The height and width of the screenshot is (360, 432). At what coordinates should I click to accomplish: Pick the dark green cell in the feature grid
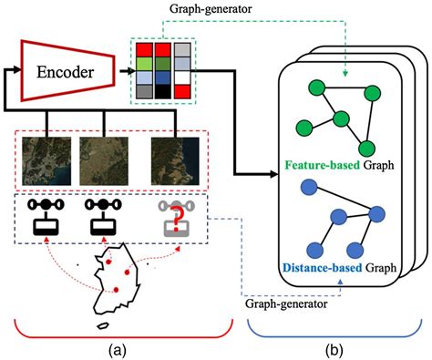(162, 64)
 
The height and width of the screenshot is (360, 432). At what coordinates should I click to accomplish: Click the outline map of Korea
(117, 283)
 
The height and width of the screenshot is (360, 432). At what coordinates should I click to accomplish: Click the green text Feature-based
(314, 168)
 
